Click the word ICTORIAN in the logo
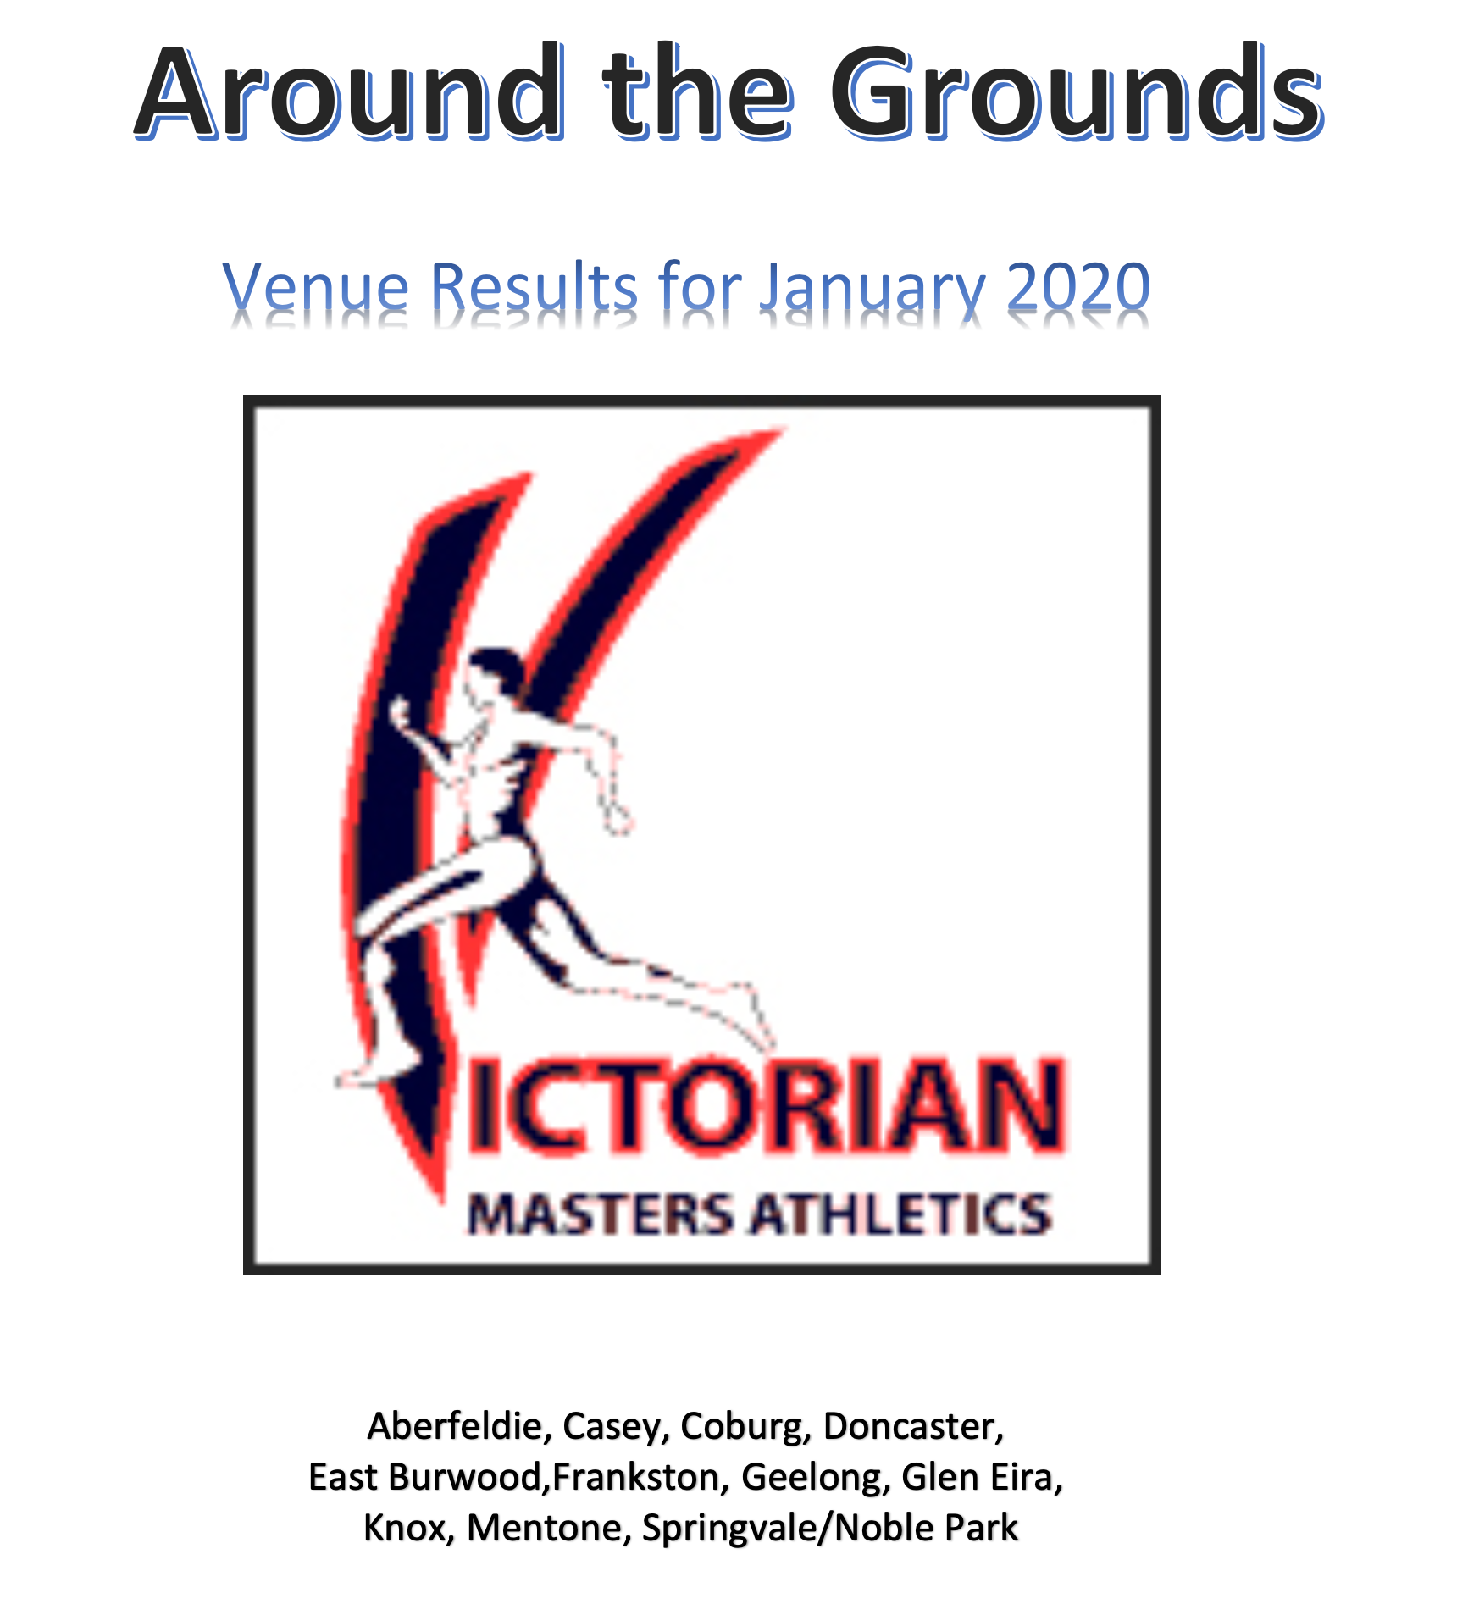[767, 1105]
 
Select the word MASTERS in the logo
[600, 1213]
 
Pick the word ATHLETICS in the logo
[900, 1213]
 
